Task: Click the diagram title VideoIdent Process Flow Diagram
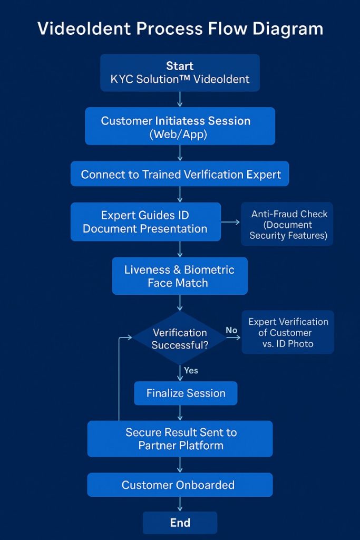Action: [x=180, y=28]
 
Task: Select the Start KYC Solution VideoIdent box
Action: [x=180, y=73]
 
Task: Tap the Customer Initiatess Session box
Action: [x=180, y=127]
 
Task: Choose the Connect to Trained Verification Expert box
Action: [x=180, y=174]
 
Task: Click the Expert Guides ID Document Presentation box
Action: [x=145, y=222]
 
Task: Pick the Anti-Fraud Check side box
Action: [x=288, y=224]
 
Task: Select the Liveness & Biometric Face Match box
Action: [x=180, y=276]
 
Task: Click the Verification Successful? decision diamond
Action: [x=180, y=339]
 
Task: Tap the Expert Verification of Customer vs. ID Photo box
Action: [x=288, y=332]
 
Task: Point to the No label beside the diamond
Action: [x=231, y=331]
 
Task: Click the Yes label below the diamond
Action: [x=191, y=370]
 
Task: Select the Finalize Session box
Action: [x=186, y=393]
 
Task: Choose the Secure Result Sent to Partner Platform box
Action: [x=180, y=439]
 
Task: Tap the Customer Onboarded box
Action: [x=180, y=485]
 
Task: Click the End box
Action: [x=180, y=523]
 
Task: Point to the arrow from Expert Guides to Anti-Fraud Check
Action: [x=230, y=222]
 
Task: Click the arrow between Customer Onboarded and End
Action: [x=180, y=504]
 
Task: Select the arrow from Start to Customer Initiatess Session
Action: [x=180, y=99]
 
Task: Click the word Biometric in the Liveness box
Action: [x=209, y=269]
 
